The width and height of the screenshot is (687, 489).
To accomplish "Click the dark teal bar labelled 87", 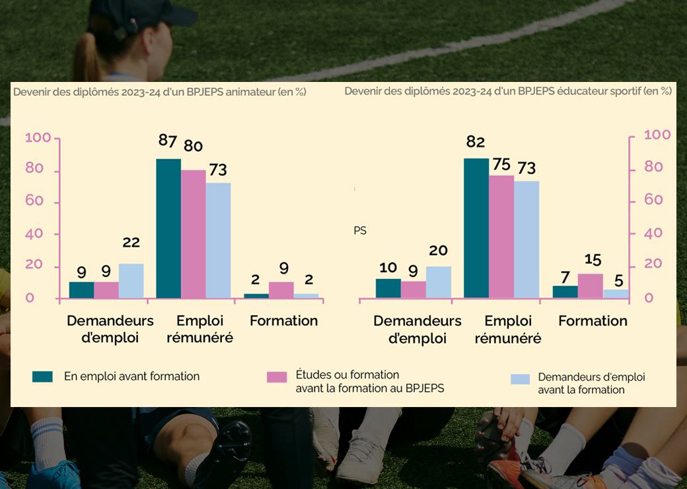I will (168, 228).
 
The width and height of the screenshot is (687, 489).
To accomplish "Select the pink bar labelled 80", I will (193, 234).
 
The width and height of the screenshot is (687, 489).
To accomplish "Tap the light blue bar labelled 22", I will (131, 281).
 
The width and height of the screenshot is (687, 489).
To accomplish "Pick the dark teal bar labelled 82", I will (476, 228).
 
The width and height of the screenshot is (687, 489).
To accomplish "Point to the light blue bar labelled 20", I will (439, 282).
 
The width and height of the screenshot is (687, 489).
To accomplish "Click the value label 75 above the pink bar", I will (501, 163).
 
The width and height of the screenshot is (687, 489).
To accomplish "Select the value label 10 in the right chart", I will (388, 267).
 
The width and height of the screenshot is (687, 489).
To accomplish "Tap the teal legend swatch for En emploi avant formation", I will (42, 377).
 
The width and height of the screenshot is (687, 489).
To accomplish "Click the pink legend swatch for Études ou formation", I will (277, 377).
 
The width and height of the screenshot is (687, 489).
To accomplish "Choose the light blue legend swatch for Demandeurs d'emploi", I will (521, 379).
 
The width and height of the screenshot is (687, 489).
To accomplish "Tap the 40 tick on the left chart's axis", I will (34, 233).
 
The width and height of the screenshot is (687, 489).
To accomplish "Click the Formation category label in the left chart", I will (283, 321).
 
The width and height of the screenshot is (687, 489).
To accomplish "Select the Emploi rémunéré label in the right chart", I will (508, 329).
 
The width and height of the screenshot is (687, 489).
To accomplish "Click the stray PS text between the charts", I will (360, 231).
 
